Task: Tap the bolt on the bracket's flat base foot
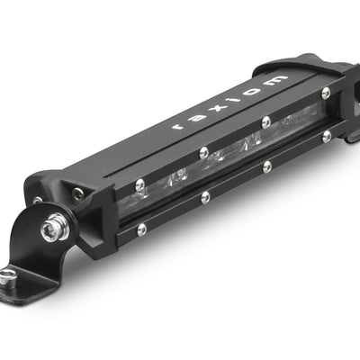click(x=7, y=274)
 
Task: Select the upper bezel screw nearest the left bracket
click(x=140, y=185)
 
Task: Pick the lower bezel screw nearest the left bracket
click(x=141, y=229)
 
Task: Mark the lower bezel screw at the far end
click(x=326, y=136)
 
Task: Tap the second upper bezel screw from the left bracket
click(x=204, y=152)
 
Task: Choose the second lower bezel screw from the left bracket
click(x=205, y=197)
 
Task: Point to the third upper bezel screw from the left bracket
click(x=265, y=121)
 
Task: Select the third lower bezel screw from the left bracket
click(x=266, y=166)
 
